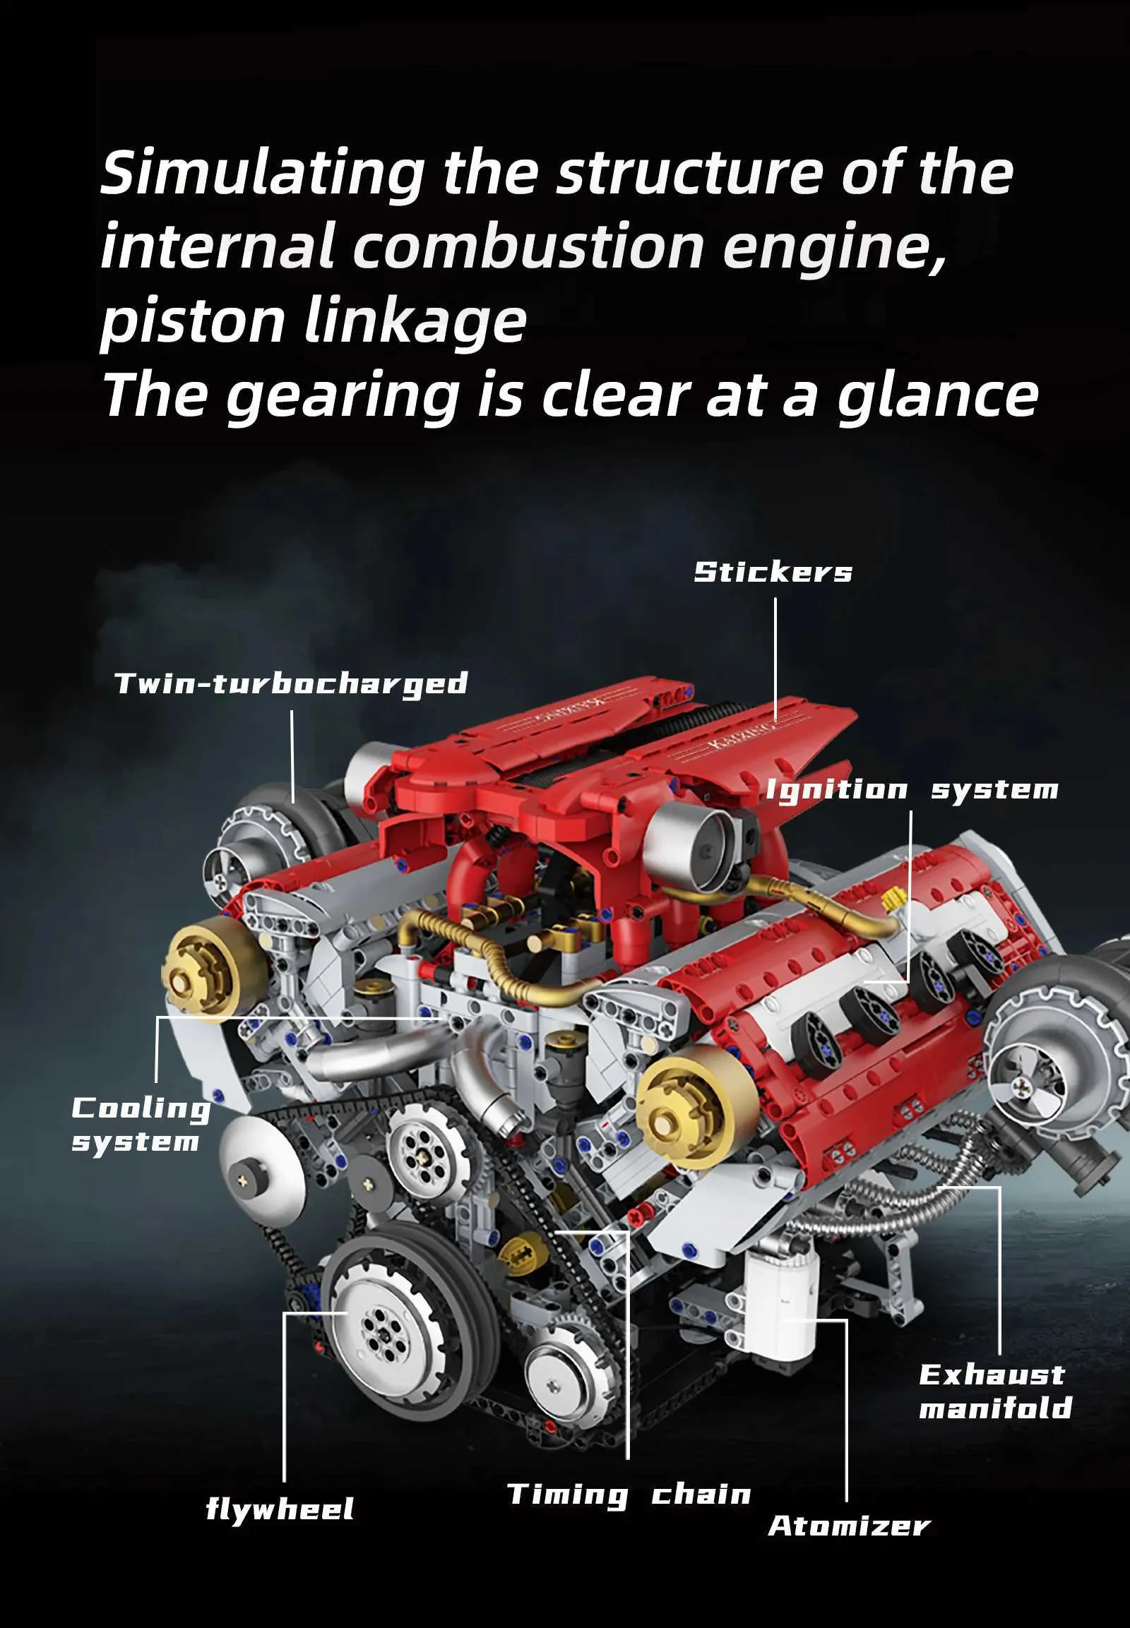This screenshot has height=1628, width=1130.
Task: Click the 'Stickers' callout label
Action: pyautogui.click(x=773, y=572)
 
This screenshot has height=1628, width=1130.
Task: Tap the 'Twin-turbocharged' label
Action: pyautogui.click(x=291, y=684)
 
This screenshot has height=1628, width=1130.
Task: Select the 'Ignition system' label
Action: pyautogui.click(x=912, y=790)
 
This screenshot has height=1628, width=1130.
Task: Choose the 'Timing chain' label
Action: pyautogui.click(x=629, y=1495)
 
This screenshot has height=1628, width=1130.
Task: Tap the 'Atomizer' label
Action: pyautogui.click(x=849, y=1526)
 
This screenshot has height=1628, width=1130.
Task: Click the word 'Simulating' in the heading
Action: pyautogui.click(x=263, y=174)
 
